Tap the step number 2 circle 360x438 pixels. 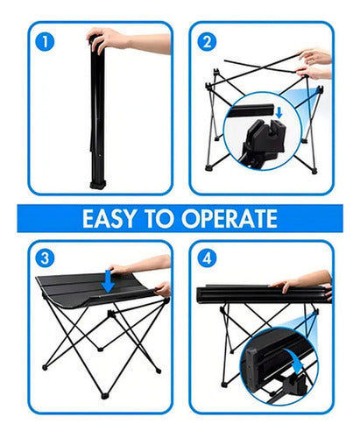(206, 41)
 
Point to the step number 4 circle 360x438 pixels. (207, 258)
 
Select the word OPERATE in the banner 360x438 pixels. (236, 219)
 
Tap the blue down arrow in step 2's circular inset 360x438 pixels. (279, 111)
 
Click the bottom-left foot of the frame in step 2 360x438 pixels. (209, 166)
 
